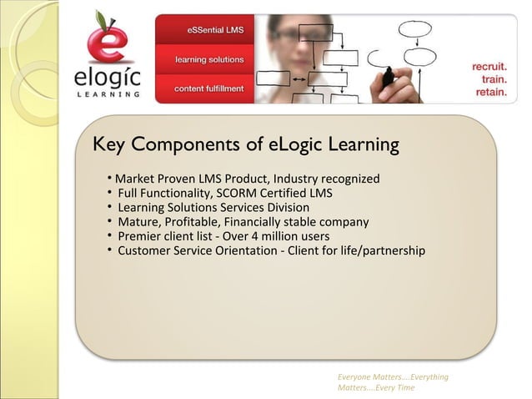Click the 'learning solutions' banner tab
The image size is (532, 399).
pyautogui.click(x=209, y=60)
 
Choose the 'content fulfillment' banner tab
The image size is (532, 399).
pyautogui.click(x=209, y=88)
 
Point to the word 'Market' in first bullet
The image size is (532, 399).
pyautogui.click(x=134, y=179)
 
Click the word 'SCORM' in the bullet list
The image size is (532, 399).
pyautogui.click(x=239, y=193)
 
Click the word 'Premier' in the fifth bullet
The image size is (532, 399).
pyautogui.click(x=139, y=236)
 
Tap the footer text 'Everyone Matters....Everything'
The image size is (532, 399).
pyautogui.click(x=393, y=377)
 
